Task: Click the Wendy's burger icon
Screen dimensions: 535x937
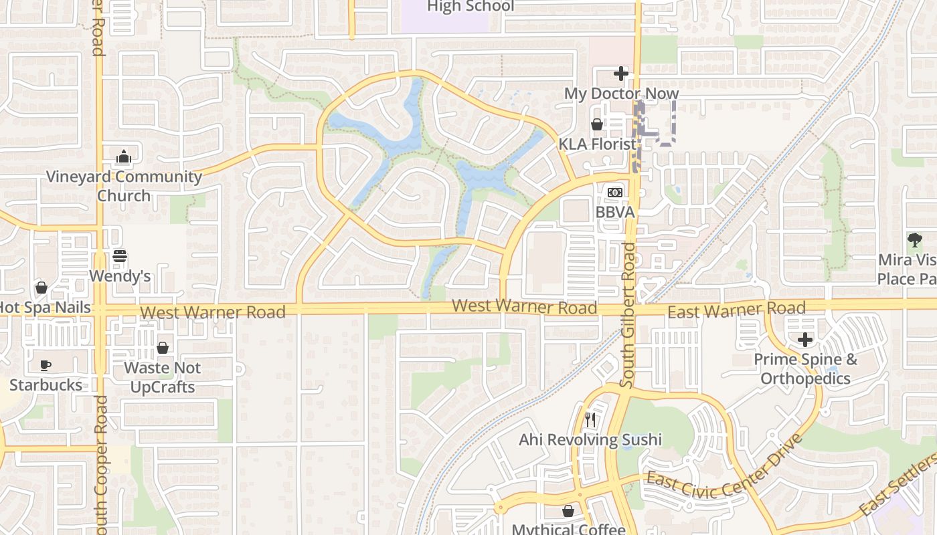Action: pos(120,257)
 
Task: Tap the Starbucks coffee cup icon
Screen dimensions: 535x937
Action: pos(46,365)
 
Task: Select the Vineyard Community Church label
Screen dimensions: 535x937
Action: pos(124,186)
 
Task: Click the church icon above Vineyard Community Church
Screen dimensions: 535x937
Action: pos(123,157)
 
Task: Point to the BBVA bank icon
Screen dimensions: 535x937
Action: pos(614,193)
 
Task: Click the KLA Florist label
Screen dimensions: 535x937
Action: pos(597,144)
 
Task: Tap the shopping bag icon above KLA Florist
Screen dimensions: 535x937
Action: pos(596,124)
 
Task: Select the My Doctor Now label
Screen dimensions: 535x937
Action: pos(621,93)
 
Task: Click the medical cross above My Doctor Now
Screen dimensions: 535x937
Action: pos(621,73)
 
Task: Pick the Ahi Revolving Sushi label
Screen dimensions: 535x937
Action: pos(590,439)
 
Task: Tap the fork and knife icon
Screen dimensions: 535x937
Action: pos(590,420)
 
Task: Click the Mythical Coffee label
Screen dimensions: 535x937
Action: pos(568,529)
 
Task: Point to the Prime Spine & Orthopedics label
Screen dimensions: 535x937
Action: pos(805,368)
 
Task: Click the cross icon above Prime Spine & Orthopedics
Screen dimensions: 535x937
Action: pos(805,340)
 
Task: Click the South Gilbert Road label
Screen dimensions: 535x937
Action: pos(627,314)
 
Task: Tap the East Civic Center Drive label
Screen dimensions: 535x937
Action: pos(723,471)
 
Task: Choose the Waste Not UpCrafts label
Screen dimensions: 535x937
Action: pos(162,377)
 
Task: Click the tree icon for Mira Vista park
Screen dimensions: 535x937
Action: pos(914,240)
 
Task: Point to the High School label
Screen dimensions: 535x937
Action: pos(471,7)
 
